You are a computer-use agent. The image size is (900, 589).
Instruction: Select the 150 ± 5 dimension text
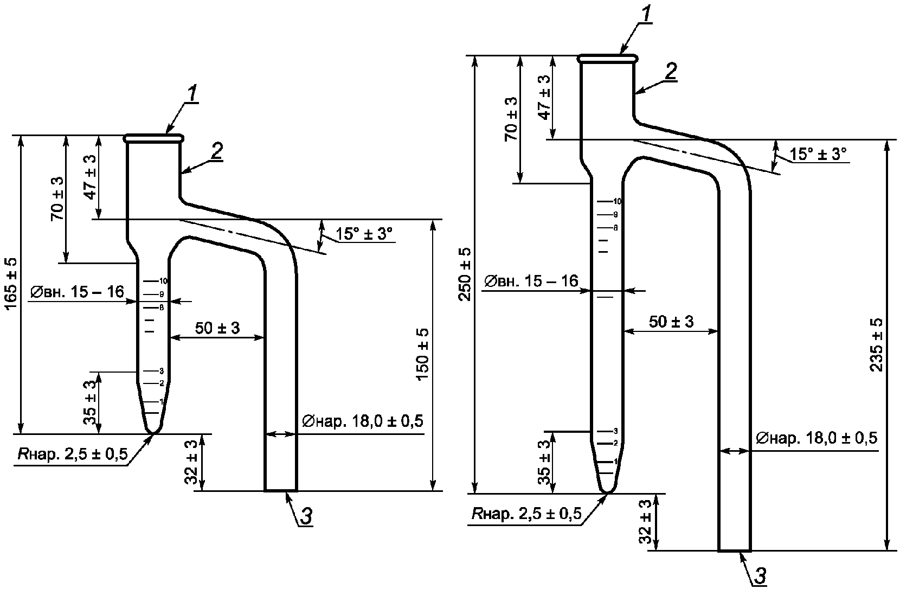tap(423, 354)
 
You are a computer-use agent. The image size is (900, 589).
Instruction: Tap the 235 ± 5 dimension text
tap(877, 344)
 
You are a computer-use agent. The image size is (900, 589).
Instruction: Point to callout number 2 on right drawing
tap(671, 72)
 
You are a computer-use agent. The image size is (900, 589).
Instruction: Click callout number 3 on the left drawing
tap(306, 516)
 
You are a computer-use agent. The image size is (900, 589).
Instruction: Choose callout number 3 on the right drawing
tap(760, 576)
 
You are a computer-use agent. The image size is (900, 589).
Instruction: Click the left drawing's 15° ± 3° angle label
tap(364, 234)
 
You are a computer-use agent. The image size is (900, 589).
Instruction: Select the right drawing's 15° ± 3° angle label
tap(818, 154)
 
